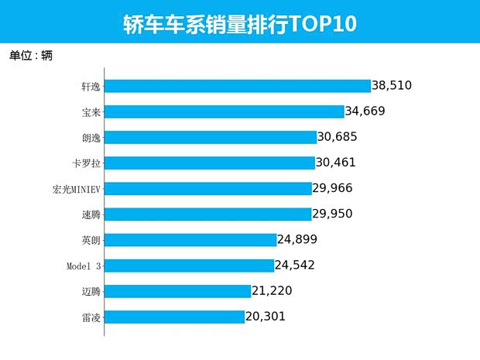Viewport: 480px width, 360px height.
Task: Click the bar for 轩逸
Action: (237, 86)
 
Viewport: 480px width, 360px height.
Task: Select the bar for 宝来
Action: (224, 111)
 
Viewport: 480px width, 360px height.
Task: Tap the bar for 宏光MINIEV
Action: (208, 189)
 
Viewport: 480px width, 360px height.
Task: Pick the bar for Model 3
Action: (189, 266)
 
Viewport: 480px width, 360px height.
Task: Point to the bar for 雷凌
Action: (174, 317)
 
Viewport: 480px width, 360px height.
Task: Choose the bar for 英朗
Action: (190, 240)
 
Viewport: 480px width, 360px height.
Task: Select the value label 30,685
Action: (342, 137)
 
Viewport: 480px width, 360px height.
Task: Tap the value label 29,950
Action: (338, 214)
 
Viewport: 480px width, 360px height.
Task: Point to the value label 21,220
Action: (277, 291)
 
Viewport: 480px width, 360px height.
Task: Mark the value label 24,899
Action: (302, 240)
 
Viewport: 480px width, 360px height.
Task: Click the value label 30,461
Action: (341, 163)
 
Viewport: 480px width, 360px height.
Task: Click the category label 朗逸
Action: (91, 137)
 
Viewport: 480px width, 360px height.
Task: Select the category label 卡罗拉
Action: (86, 163)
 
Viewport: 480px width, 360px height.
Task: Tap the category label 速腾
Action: (91, 214)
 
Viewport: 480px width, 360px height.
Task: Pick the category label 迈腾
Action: (91, 291)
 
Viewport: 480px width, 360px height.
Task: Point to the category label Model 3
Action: (83, 266)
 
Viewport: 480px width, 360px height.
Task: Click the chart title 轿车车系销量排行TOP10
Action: (239, 24)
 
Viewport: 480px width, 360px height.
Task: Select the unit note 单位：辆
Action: (30, 56)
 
